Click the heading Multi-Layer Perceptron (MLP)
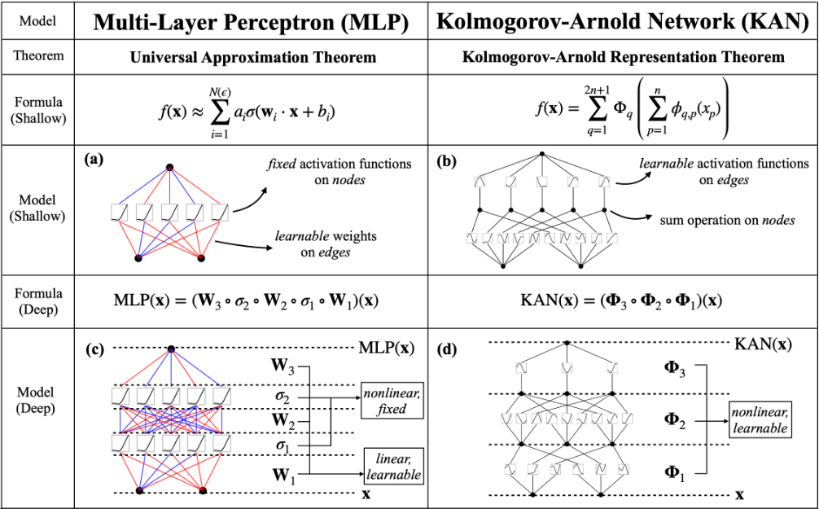pos(251,22)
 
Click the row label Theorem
pos(39,58)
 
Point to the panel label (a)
pos(94,160)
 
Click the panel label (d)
pos(447,350)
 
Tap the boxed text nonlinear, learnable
pos(759,419)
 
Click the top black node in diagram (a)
pos(169,167)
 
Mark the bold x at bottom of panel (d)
pos(739,494)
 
